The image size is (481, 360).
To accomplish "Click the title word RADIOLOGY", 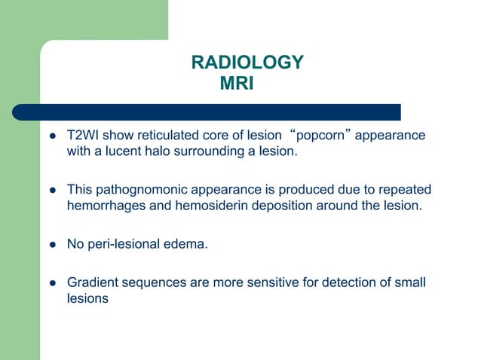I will point(247,63).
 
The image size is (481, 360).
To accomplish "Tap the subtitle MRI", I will point(237,83).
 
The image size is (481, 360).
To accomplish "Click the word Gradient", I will point(90,282).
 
